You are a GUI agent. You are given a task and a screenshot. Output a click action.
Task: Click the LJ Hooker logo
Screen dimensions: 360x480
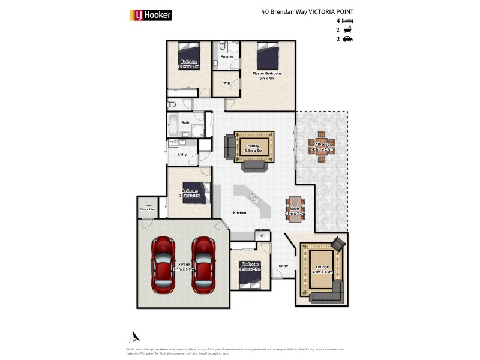coord(151,14)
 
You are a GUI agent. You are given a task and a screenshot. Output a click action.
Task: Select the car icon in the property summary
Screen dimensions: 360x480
coord(347,39)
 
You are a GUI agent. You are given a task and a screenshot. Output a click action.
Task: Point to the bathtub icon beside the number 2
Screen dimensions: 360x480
coord(347,29)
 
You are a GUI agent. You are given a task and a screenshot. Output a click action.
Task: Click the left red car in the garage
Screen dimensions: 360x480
coord(163,264)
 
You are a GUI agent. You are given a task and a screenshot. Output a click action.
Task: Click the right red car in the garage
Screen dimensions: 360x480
coord(203,264)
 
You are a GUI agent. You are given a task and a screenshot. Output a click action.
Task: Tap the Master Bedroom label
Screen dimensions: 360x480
coord(266,74)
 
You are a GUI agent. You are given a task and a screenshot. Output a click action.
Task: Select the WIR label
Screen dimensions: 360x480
coord(227,83)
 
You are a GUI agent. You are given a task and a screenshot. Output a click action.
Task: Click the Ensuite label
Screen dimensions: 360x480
coord(227,57)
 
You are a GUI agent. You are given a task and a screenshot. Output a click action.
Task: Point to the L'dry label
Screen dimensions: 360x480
coord(182,155)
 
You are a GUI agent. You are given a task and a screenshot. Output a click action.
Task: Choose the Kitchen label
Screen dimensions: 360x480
coord(240,213)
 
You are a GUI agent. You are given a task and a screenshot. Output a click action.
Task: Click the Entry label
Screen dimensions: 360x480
coord(284,266)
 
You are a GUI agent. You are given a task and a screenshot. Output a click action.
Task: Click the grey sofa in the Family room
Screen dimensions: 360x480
coord(230,147)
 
